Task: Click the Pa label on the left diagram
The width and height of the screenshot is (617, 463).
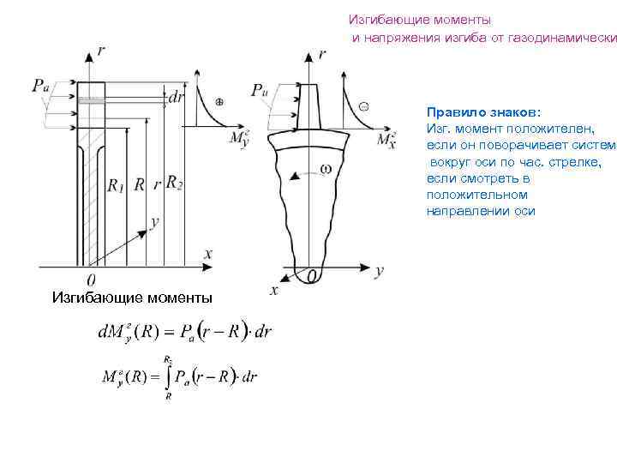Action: pyautogui.click(x=41, y=84)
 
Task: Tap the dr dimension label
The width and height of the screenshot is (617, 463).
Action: pyautogui.click(x=177, y=98)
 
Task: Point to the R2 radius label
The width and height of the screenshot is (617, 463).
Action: pyautogui.click(x=174, y=182)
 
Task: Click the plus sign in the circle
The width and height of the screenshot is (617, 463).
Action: pyautogui.click(x=219, y=101)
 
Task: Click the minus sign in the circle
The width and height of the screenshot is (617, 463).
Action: pyautogui.click(x=363, y=106)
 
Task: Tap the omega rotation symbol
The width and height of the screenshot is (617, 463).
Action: pyautogui.click(x=326, y=169)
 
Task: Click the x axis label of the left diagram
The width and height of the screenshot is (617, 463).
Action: pyautogui.click(x=207, y=253)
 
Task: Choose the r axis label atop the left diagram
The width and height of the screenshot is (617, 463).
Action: pyautogui.click(x=102, y=51)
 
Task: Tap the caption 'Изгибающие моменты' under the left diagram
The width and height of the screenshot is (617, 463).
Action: pyautogui.click(x=132, y=298)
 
